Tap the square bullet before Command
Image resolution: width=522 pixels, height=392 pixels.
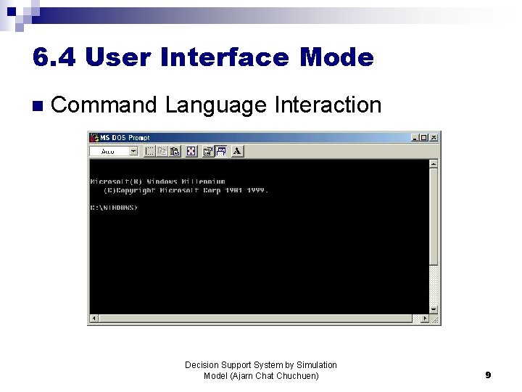[38, 106]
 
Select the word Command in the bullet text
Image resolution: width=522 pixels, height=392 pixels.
[104, 105]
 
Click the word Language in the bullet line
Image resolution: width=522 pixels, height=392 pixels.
[215, 105]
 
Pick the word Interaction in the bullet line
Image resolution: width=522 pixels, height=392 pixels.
[328, 105]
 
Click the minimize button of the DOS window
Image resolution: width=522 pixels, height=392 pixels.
[415, 137]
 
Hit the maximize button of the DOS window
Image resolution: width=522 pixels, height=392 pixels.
[424, 137]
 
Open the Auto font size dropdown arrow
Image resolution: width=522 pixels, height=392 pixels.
[133, 151]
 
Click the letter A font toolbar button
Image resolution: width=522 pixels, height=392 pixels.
[237, 151]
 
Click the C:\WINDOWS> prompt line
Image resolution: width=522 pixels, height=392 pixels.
[114, 208]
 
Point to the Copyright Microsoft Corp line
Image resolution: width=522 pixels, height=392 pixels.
[186, 190]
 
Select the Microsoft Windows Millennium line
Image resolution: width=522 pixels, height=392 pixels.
[157, 181]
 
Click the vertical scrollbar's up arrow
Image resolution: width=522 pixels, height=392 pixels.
[434, 164]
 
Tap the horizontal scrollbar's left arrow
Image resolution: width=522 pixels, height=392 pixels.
[94, 319]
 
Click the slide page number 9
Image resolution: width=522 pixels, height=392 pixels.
[488, 375]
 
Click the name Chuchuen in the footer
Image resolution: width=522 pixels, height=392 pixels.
[297, 376]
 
